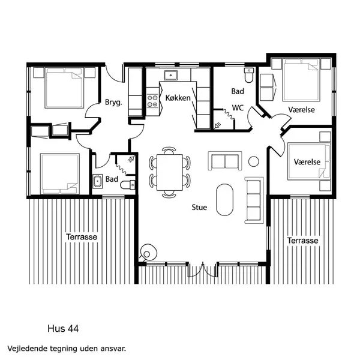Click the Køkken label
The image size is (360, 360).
(179, 98)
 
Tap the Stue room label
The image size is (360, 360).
(199, 208)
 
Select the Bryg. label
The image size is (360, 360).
(113, 102)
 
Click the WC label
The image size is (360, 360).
(237, 109)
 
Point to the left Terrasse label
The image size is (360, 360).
(81, 237)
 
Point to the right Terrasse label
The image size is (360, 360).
(302, 241)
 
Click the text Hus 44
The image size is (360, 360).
(63, 329)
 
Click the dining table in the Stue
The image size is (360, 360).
(169, 172)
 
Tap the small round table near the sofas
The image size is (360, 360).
(253, 160)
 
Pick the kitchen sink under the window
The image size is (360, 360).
(170, 76)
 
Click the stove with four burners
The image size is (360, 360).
(152, 101)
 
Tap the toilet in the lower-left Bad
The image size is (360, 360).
(128, 185)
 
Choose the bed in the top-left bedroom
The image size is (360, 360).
(64, 88)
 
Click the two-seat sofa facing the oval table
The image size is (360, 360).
(224, 161)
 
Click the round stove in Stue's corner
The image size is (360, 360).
(147, 253)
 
